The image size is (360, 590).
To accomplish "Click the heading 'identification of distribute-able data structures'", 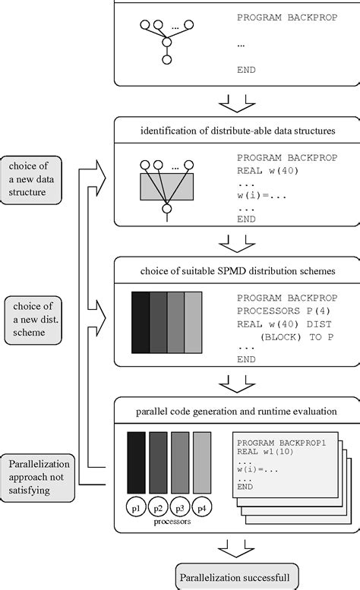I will [x=238, y=131].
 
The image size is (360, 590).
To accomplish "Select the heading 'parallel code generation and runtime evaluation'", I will [x=238, y=412].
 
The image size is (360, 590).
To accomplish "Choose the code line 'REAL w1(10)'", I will [x=261, y=451].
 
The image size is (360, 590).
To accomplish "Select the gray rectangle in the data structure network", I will [x=167, y=186].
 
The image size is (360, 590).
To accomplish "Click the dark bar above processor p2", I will [x=158, y=462].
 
